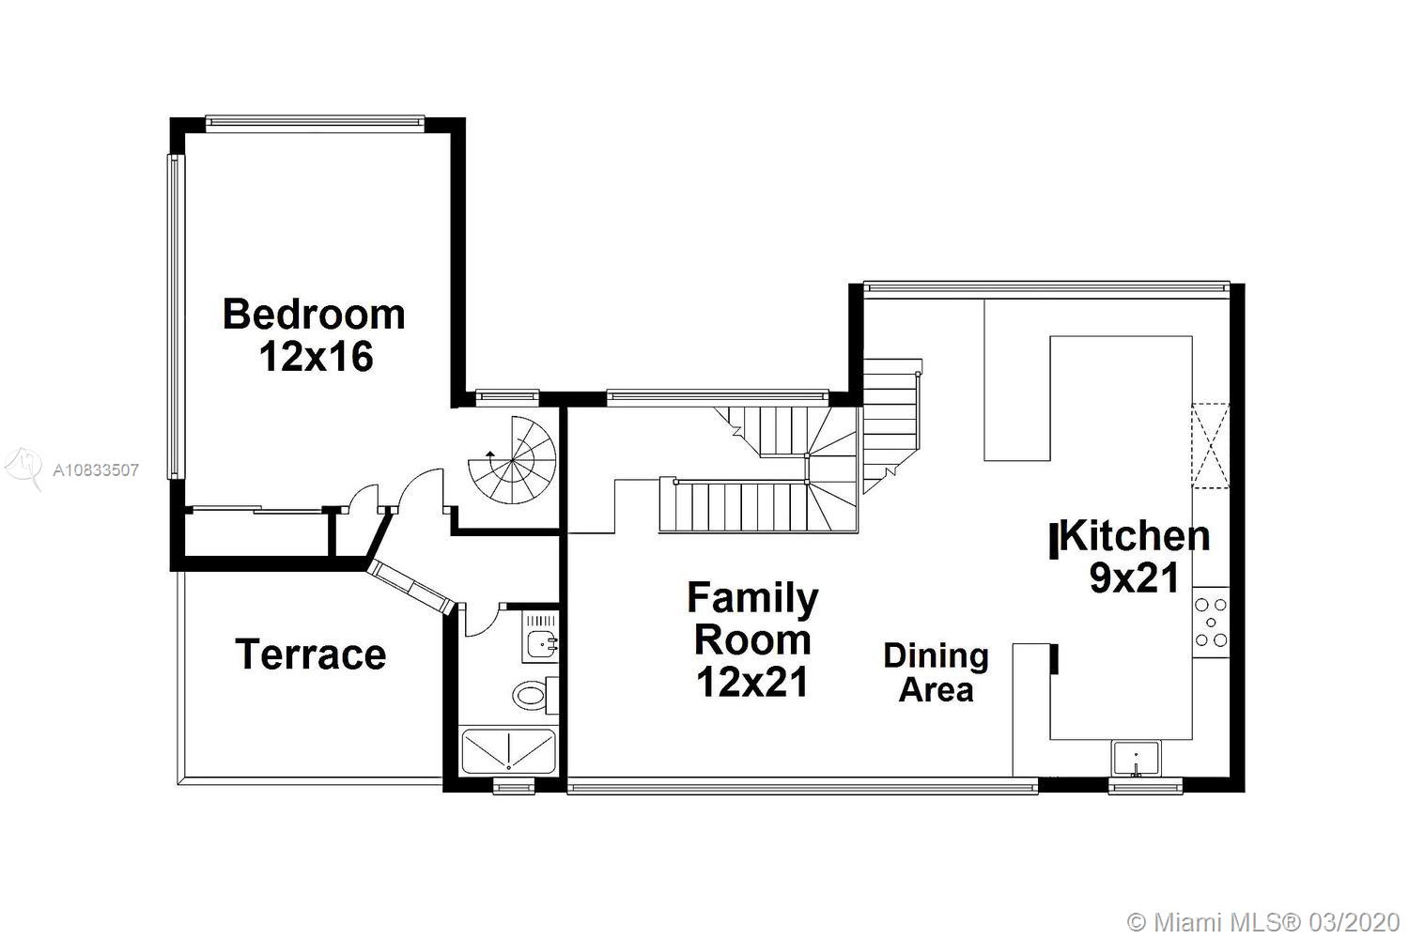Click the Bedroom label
pos(314,315)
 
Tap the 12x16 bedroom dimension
pos(317,357)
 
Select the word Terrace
pos(311,654)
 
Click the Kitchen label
pos(1134,536)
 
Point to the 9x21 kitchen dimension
pos(1134,578)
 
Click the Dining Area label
pos(936,672)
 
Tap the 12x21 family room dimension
pos(752,683)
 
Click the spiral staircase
pos(513,460)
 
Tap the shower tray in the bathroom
pos(508,751)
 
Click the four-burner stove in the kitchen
pos(1211,623)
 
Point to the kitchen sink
pos(1137,759)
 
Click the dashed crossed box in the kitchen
pos(1210,445)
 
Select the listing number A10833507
pos(96,470)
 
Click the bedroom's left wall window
pos(176,317)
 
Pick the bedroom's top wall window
pos(315,124)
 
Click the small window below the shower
pos(513,786)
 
